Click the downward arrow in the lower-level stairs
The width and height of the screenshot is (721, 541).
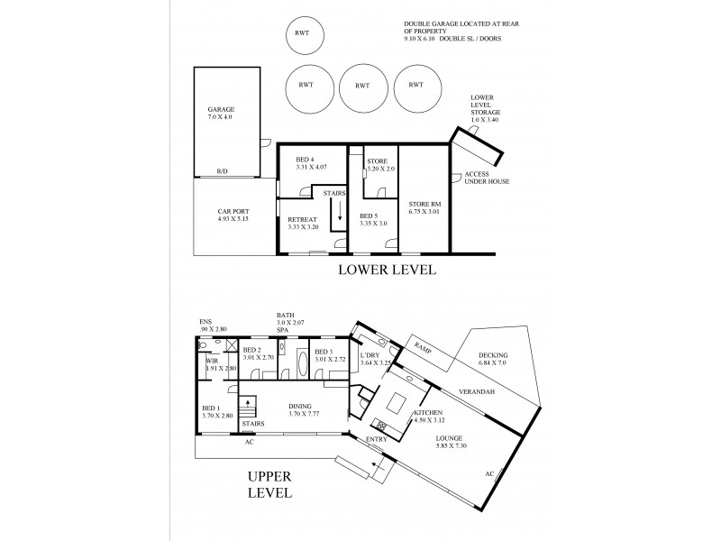tap(340, 215)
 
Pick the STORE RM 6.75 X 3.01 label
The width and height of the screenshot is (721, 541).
tap(424, 208)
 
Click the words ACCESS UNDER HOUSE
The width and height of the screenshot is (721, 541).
tap(487, 178)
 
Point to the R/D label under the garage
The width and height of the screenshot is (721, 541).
tap(222, 171)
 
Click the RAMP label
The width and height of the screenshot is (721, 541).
tap(422, 346)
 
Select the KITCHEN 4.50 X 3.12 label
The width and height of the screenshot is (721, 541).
tap(428, 417)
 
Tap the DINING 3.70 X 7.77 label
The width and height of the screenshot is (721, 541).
tap(301, 408)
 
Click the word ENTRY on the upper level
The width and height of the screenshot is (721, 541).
tap(376, 439)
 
